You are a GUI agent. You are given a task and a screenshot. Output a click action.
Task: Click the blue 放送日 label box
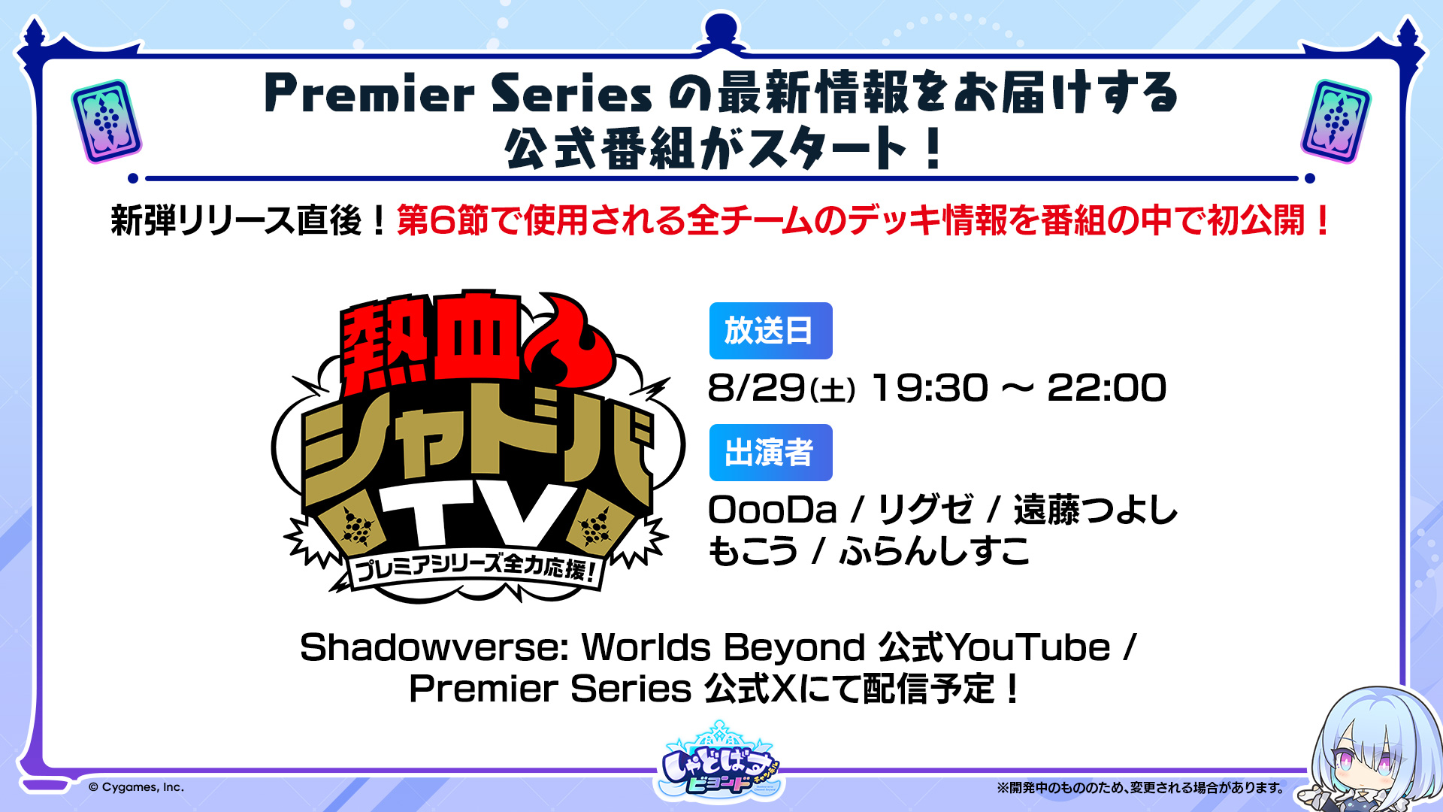pos(770,331)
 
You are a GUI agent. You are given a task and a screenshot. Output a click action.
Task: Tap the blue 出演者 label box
pos(770,453)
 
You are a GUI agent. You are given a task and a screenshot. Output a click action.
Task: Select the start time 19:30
pos(930,388)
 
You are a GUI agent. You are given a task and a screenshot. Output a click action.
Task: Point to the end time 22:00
pos(1106,388)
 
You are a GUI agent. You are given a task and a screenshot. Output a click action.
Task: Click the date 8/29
pos(756,388)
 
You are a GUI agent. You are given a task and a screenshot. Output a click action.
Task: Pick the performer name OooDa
pos(773,510)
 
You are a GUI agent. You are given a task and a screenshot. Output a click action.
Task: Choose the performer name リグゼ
pos(925,510)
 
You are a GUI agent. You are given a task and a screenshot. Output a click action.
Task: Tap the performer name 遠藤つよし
pos(1095,510)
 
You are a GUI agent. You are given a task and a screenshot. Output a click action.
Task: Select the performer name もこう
pos(753,551)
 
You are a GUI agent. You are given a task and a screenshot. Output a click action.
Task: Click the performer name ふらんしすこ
pos(934,551)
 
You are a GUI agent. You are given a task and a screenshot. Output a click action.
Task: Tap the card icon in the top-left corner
pos(107,121)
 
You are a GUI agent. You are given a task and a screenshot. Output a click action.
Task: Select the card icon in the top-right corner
pos(1336,121)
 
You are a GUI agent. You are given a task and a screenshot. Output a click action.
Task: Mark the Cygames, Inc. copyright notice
pos(136,787)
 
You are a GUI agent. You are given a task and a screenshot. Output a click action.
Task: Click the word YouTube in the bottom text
pos(1028,647)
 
